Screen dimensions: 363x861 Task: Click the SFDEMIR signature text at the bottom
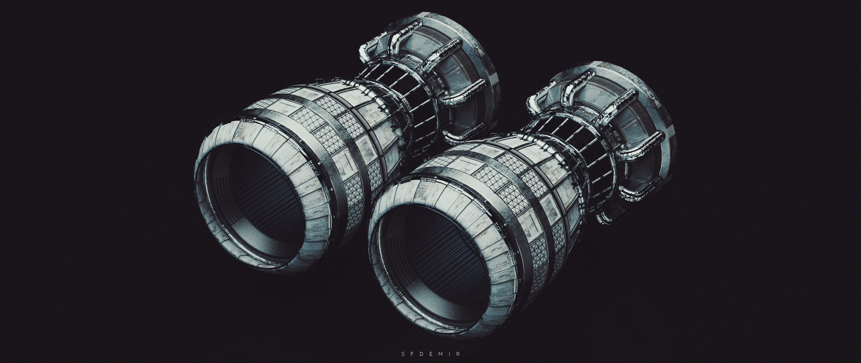click(430, 353)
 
